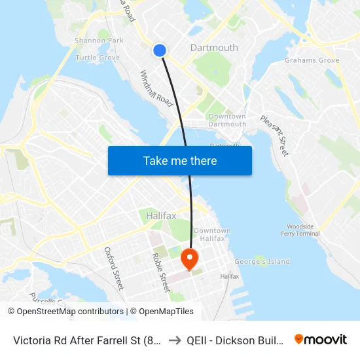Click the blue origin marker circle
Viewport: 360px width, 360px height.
tap(160, 50)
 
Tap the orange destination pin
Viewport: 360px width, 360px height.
tap(189, 258)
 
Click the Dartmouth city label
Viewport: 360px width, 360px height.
tap(214, 48)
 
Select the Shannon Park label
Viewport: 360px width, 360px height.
tap(99, 41)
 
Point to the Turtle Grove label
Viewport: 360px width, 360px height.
tap(98, 58)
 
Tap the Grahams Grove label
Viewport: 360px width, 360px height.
tap(312, 61)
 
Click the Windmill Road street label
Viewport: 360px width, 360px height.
tap(156, 89)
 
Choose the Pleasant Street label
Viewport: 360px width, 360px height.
tap(274, 135)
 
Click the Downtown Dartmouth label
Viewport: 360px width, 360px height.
tap(227, 120)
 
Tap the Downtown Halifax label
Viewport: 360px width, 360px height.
tap(212, 234)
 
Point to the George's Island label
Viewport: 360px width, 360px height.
tap(262, 262)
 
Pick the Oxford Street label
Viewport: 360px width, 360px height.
tap(113, 268)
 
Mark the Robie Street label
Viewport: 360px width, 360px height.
tap(161, 272)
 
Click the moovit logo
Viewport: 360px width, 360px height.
tap(321, 339)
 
